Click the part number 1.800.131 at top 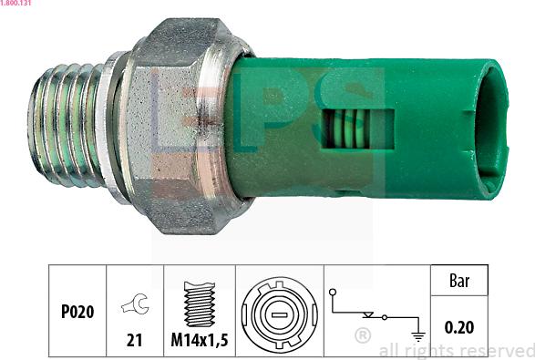point(15,3)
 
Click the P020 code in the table point(77,312)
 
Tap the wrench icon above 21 point(135,303)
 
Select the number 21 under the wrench point(134,340)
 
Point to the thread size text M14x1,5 point(200,340)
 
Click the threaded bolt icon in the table point(200,303)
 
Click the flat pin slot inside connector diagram point(280,314)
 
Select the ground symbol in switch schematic point(418,336)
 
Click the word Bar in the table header point(459,281)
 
